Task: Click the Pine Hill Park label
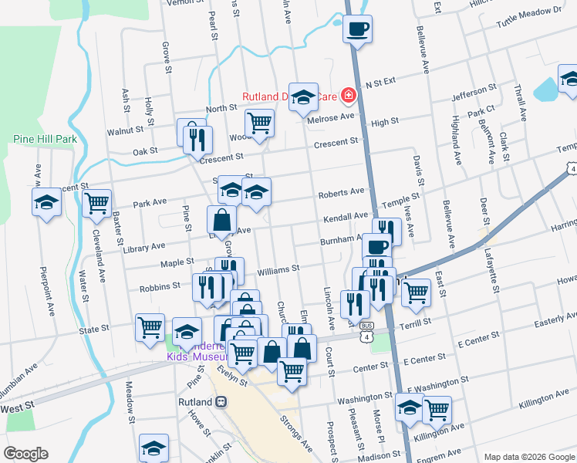(46, 139)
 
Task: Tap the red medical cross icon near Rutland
(349, 96)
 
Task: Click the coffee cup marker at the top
(357, 29)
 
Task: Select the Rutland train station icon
(221, 401)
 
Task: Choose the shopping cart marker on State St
(150, 326)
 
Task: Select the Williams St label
(278, 270)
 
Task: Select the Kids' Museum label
(197, 357)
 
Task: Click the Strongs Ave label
(295, 434)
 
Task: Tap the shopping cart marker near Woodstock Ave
(259, 121)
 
